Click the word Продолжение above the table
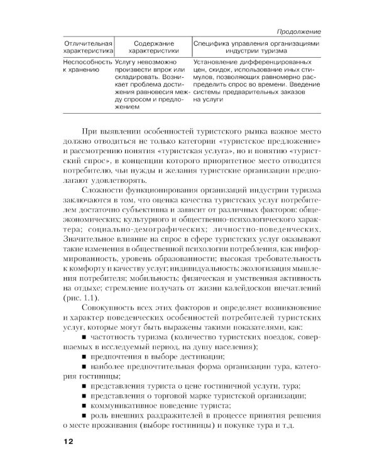[x=299, y=31]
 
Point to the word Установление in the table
[x=219, y=63]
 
